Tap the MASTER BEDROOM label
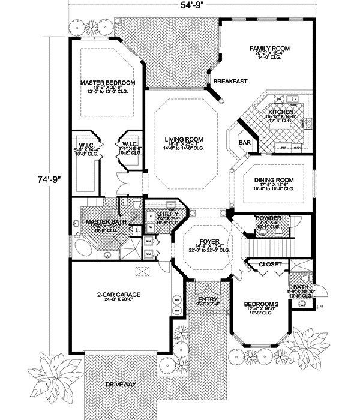107,82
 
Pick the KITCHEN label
280,112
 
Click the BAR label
244,143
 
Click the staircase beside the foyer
269,246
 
